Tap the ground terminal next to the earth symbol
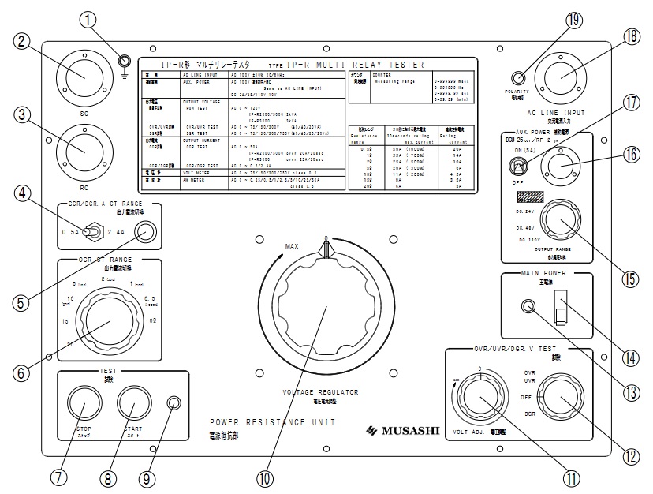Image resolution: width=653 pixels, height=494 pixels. click(123, 60)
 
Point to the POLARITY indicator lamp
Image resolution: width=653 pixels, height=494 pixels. click(518, 77)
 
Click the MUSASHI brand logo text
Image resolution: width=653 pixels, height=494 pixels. click(401, 429)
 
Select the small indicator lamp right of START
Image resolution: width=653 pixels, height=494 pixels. click(173, 406)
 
